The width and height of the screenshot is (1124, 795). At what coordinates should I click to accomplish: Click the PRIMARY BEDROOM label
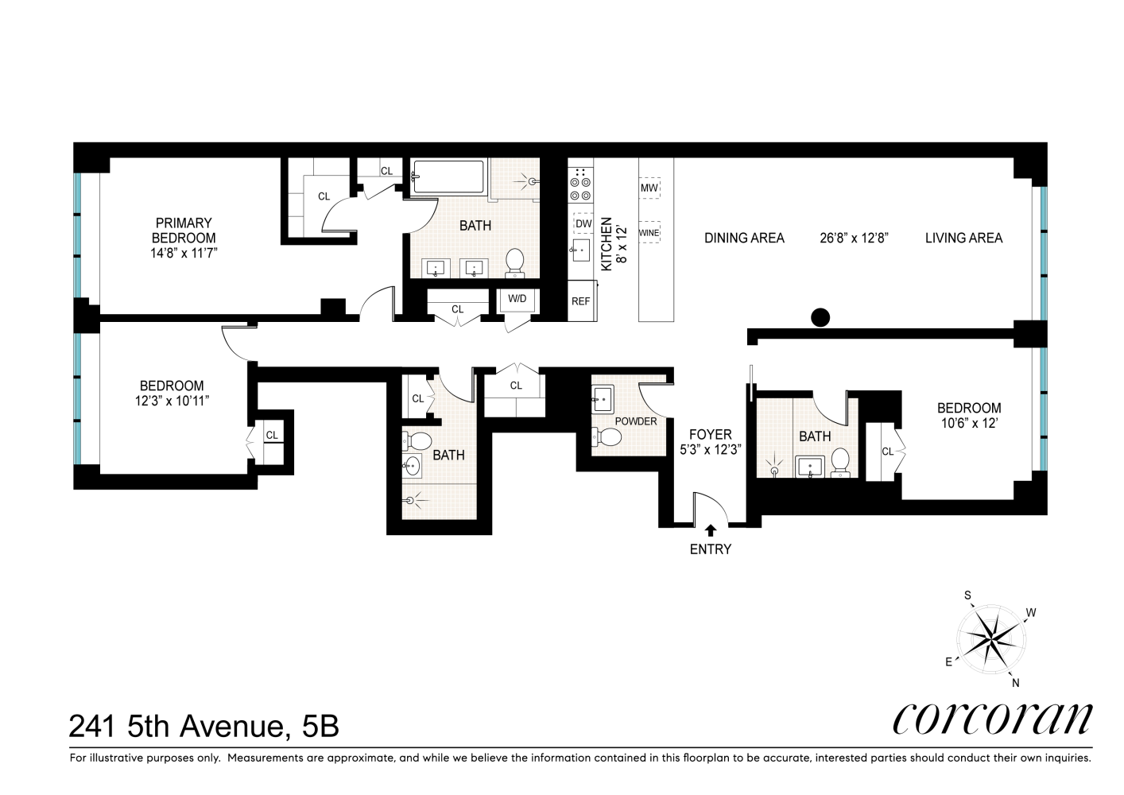(184, 231)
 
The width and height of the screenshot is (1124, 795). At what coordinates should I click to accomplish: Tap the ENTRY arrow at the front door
(710, 528)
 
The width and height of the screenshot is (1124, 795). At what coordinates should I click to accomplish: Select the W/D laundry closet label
(517, 299)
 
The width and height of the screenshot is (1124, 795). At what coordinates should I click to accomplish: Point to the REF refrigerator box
(581, 301)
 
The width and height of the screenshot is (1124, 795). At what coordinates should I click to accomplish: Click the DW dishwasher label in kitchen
(583, 224)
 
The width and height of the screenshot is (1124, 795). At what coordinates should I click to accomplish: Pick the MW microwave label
(649, 188)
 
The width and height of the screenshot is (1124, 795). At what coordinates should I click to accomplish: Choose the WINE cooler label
(649, 234)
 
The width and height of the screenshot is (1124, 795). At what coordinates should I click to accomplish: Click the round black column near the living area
(820, 318)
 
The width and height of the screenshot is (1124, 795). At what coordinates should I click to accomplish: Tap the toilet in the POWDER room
(610, 436)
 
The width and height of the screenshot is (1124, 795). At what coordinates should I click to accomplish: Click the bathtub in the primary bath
(448, 177)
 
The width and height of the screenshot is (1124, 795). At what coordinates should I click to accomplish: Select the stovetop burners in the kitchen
(580, 184)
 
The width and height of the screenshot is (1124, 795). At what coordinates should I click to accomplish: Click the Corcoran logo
(992, 719)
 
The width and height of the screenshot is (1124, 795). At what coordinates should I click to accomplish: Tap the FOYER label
(710, 435)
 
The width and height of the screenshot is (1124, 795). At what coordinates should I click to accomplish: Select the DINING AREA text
(744, 238)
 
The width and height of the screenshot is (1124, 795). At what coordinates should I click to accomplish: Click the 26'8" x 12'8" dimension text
(854, 238)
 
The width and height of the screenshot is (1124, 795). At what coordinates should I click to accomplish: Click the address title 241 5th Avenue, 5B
(204, 725)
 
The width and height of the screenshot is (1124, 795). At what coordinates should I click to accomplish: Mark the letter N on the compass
(1015, 682)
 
